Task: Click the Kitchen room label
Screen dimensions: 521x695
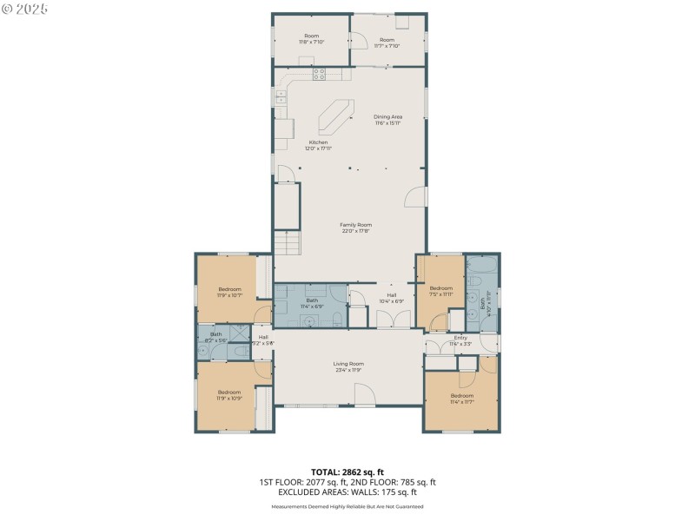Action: coord(319,142)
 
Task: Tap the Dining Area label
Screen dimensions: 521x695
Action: coord(387,116)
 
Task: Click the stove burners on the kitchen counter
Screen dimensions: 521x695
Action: coord(319,74)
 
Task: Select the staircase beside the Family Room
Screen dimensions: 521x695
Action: coord(287,243)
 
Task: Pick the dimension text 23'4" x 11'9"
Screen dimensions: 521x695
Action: coord(348,370)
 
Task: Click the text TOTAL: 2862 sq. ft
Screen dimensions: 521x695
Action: coord(347,472)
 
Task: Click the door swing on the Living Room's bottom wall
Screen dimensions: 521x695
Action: coord(365,395)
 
